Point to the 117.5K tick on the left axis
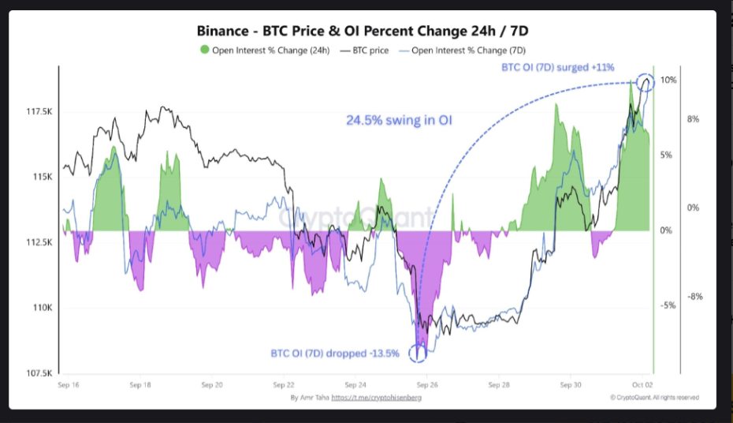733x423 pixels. [39, 110]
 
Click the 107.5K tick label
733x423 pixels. [39, 373]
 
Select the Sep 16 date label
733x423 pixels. [69, 385]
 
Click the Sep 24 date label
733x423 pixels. [355, 385]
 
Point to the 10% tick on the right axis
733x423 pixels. [669, 80]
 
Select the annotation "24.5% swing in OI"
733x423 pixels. [399, 121]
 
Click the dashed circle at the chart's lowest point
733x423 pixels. [419, 353]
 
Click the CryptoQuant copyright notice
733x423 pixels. [653, 398]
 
